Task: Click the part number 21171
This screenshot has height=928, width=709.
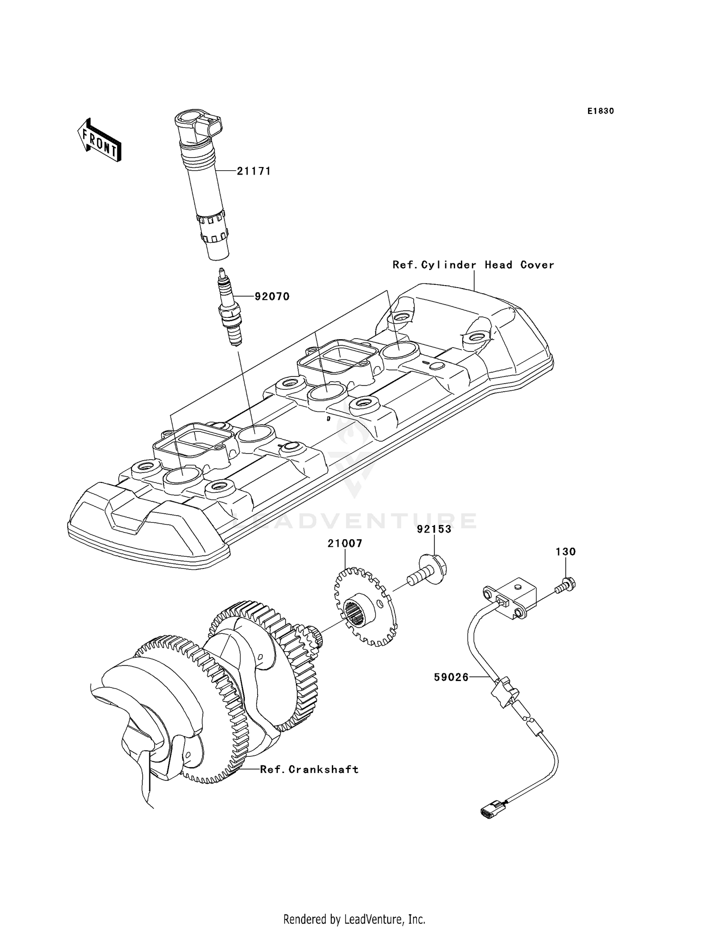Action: [x=254, y=171]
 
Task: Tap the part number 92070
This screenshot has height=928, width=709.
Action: [x=272, y=297]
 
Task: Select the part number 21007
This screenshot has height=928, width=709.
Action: [x=345, y=543]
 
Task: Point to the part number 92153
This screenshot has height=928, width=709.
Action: [x=434, y=529]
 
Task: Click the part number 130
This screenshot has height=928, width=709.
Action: [x=565, y=552]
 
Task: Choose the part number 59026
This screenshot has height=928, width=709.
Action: [x=451, y=677]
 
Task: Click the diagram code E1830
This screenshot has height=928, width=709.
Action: [x=601, y=111]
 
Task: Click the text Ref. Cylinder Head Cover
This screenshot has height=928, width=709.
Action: [x=473, y=265]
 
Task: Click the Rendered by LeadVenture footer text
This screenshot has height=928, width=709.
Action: [x=354, y=919]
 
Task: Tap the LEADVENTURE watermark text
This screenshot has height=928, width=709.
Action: [x=354, y=521]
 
